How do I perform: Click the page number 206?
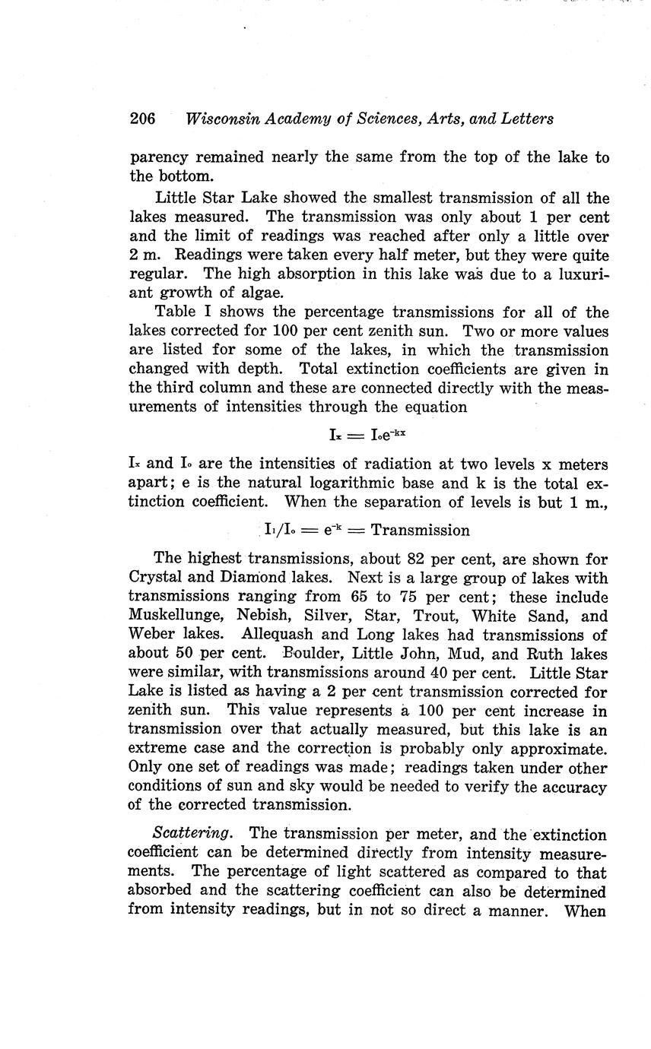(x=142, y=119)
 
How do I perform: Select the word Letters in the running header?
(x=525, y=119)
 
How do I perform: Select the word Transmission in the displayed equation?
(x=420, y=530)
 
